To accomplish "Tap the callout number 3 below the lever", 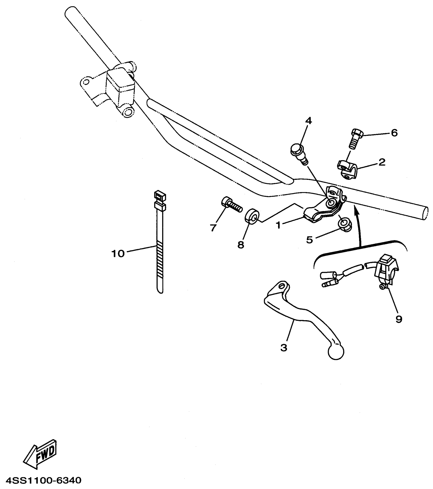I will (x=284, y=347).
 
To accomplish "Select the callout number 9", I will (x=399, y=319).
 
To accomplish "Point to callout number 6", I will (x=394, y=133).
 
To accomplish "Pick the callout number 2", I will (x=382, y=162).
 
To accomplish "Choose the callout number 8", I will (x=241, y=245).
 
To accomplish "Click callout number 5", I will (x=309, y=240).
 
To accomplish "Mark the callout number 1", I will (x=278, y=225).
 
